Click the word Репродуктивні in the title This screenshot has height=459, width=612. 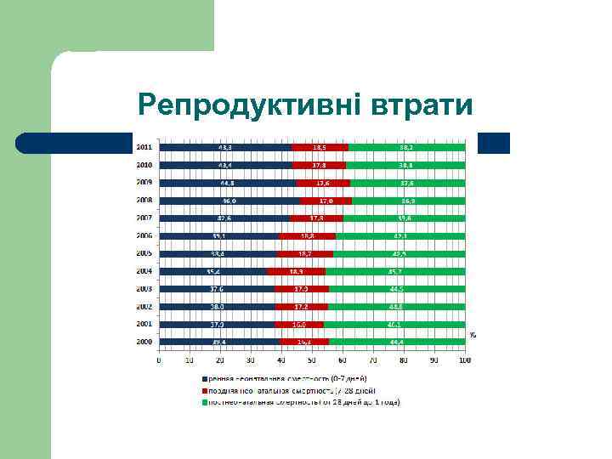tap(250, 106)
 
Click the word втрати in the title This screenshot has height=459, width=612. tap(422, 106)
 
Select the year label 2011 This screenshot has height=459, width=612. tap(145, 147)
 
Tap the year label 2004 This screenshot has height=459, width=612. tap(145, 271)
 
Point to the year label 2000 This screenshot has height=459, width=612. tap(145, 342)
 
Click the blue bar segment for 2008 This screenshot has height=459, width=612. tap(229, 201)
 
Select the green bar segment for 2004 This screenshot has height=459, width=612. tap(395, 271)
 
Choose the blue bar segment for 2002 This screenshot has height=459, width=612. tap(217, 306)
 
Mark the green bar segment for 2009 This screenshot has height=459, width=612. tap(407, 183)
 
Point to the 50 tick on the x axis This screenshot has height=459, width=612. tap(312, 360)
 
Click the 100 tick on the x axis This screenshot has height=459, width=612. tap(464, 360)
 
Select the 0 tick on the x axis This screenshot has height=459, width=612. tap(159, 360)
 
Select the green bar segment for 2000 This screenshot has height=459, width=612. tap(397, 342)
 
